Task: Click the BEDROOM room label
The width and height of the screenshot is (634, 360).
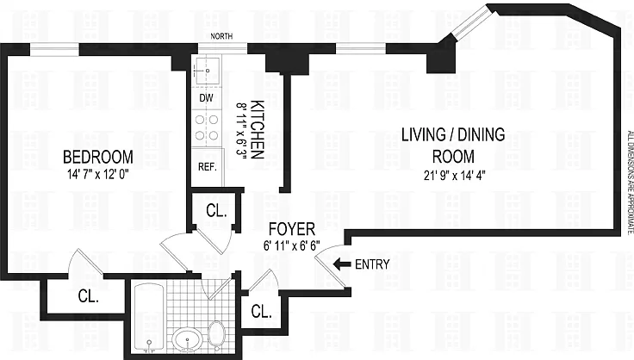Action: click(98, 157)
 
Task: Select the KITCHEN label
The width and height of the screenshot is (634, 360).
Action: click(258, 130)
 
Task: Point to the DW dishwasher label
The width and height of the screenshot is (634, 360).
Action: click(206, 98)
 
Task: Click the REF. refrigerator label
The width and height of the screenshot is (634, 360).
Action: click(208, 166)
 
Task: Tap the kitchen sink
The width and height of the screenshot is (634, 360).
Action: click(208, 71)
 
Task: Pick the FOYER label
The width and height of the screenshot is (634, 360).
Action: click(292, 229)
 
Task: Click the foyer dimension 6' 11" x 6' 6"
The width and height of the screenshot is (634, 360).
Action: click(292, 245)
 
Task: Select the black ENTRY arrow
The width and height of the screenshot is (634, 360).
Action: click(342, 264)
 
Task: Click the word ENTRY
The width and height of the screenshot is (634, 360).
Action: click(372, 264)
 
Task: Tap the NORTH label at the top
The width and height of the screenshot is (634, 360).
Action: click(221, 36)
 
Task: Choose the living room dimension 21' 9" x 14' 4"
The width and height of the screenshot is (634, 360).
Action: click(455, 175)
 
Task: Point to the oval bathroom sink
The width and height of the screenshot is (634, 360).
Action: click(187, 338)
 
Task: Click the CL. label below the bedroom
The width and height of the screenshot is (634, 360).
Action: click(88, 296)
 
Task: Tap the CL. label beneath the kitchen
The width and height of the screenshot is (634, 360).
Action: click(216, 210)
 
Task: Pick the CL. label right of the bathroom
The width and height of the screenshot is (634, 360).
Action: click(261, 312)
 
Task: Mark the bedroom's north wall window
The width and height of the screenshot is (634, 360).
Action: click(54, 49)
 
